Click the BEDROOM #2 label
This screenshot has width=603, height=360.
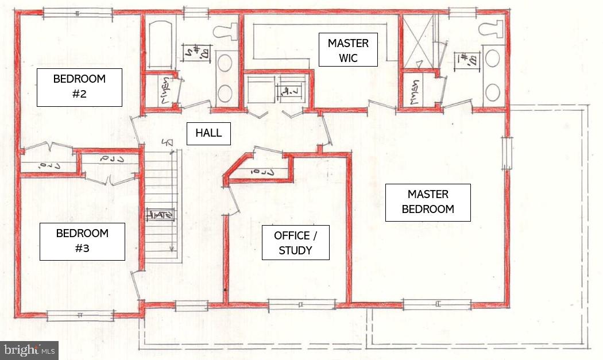[x=79, y=87]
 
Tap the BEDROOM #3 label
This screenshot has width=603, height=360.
[x=82, y=241]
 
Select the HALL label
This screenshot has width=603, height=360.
[x=208, y=133]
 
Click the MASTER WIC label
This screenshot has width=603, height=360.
[x=348, y=51]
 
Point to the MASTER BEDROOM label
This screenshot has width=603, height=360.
[x=428, y=202]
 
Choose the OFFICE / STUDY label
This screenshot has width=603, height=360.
[x=295, y=242]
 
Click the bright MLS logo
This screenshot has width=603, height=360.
[x=29, y=350]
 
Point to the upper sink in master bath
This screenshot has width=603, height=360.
[x=492, y=59]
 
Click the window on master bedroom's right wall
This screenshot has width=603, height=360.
[x=506, y=153]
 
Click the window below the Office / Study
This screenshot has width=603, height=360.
[x=301, y=304]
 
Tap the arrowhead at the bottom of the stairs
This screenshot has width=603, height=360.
[x=171, y=249]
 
